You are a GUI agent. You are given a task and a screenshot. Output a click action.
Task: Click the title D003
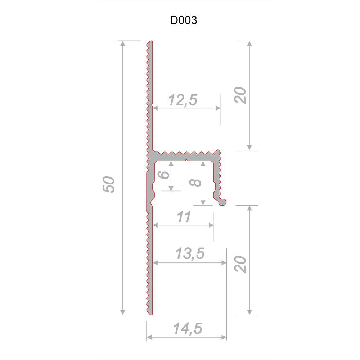pyautogui.click(x=184, y=20)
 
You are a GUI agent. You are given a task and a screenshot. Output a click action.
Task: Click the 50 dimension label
pyautogui.click(x=108, y=185)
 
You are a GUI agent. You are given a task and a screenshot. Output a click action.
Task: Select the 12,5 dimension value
pyautogui.click(x=183, y=100)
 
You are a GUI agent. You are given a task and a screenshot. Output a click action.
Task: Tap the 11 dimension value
pyautogui.click(x=184, y=217)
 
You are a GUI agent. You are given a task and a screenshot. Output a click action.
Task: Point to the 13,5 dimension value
pyautogui.click(x=190, y=253)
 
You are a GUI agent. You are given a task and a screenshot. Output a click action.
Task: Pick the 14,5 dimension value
pyautogui.click(x=188, y=328)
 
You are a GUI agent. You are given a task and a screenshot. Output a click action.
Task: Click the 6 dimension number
pyautogui.click(x=164, y=175)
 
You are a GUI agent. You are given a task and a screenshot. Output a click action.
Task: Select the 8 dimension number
pyautogui.click(x=195, y=183)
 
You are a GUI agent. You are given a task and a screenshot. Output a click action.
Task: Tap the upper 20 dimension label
pyautogui.click(x=240, y=95)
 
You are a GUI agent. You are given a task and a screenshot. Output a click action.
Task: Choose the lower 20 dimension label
pyautogui.click(x=240, y=264)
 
